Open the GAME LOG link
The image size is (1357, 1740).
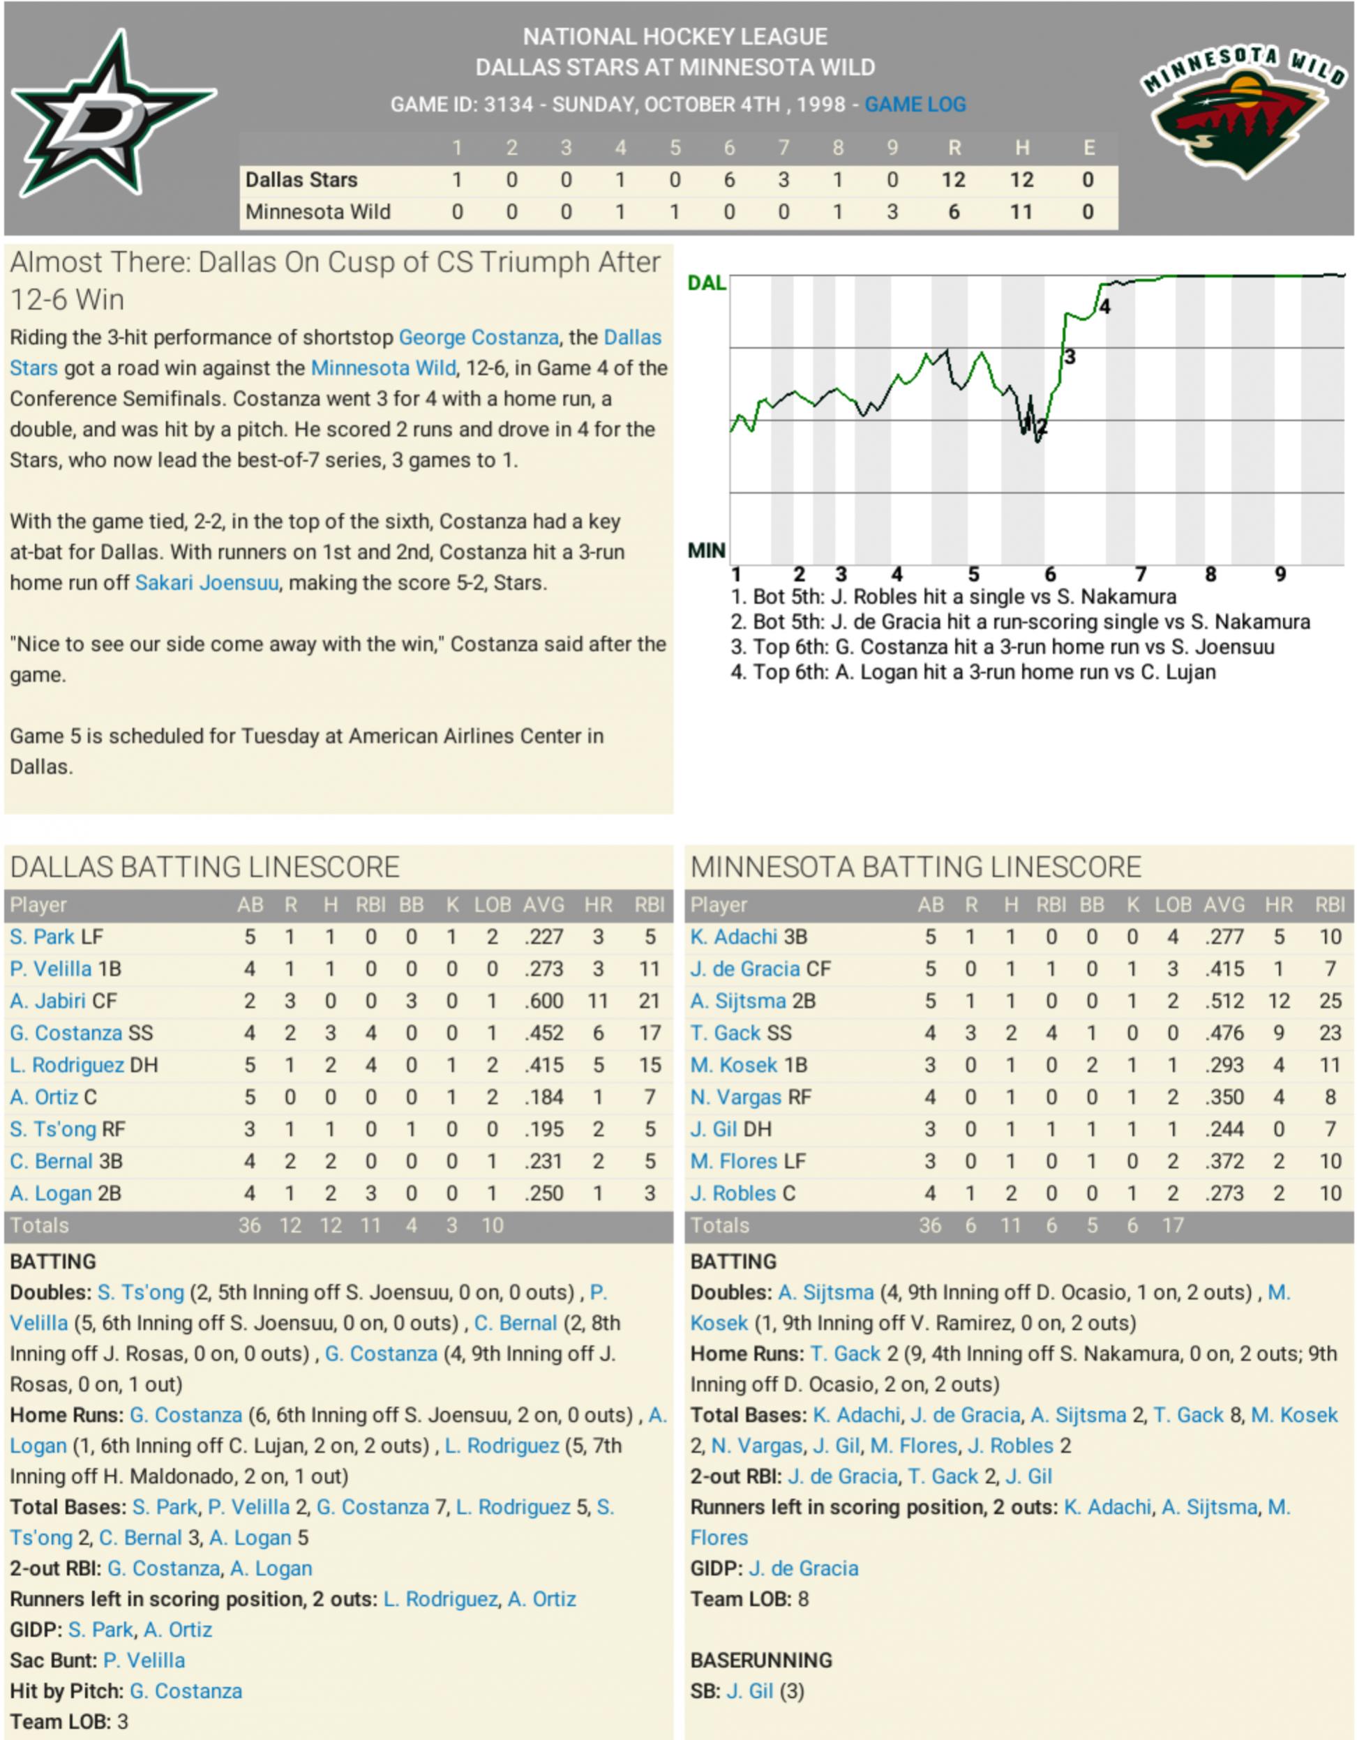915,105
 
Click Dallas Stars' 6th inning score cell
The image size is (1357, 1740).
728,180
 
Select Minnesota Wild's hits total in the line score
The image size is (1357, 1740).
1021,212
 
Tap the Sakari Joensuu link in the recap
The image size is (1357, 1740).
207,582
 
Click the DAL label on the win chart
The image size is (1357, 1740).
706,283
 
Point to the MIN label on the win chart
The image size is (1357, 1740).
706,550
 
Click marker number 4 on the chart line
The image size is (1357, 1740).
1104,307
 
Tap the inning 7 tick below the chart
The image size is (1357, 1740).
1140,575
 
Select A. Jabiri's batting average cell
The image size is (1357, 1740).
543,1001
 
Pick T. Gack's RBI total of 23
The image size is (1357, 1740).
1330,1033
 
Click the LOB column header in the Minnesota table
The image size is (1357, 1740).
1172,905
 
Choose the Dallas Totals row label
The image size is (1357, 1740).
39,1225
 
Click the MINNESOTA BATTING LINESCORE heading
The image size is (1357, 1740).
915,867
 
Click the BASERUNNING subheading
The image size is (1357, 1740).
761,1660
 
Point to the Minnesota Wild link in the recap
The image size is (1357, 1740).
383,368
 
